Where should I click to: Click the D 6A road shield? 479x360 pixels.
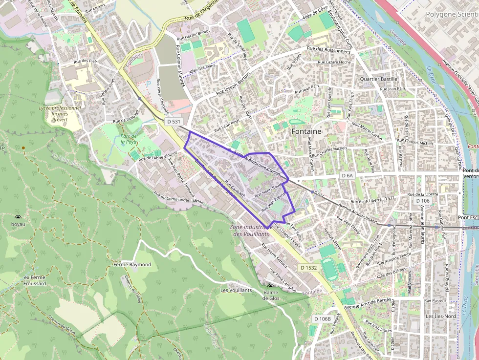pos(348,175)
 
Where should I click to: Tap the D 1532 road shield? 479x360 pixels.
pos(309,268)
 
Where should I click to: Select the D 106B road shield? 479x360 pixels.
pos(322,319)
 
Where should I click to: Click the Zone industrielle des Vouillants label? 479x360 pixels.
pos(251,230)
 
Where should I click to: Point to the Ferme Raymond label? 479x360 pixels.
pos(132,264)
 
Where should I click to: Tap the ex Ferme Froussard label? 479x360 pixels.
pos(35,280)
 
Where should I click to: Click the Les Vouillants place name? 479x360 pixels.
pos(236,290)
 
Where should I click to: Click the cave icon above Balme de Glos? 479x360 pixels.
pos(270,286)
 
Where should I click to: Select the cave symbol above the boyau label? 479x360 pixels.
pos(18,217)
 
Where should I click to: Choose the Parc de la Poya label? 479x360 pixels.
pos(129,139)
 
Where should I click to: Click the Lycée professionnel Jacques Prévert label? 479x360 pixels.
pos(60,113)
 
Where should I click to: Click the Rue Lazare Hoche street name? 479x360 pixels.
pos(334,62)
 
